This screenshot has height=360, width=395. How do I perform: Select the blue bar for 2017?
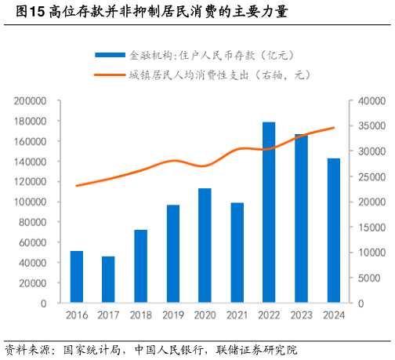click(x=108, y=279)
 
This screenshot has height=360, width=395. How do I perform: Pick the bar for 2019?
click(x=172, y=253)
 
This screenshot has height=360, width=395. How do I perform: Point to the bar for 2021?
click(x=237, y=253)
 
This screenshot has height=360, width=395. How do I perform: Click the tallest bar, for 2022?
click(x=269, y=213)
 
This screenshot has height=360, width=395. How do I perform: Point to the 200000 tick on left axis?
click(x=31, y=101)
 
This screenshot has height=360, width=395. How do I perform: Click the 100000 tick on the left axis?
click(x=31, y=202)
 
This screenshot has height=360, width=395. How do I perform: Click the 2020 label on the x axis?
click(x=205, y=315)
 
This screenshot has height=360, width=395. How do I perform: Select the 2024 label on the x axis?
click(x=333, y=315)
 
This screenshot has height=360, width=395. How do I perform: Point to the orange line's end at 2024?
click(x=334, y=127)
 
